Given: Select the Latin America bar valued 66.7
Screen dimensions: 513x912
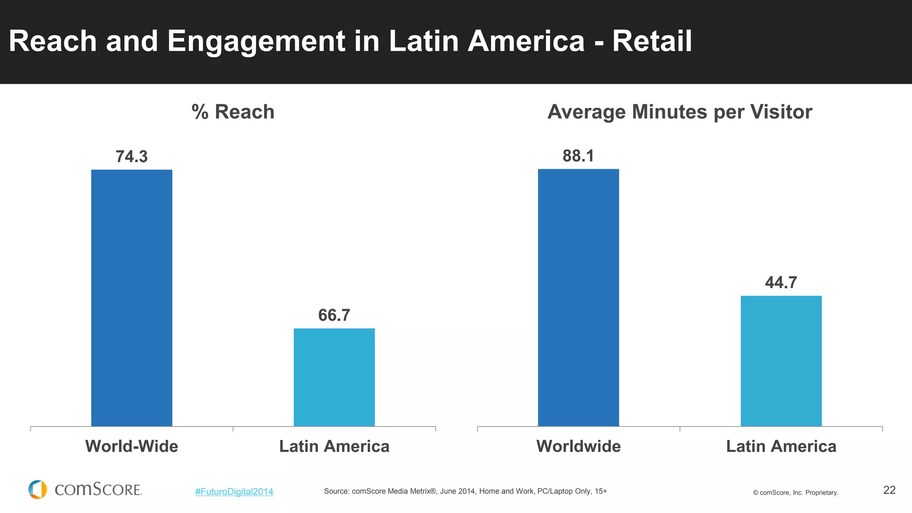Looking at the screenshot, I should click(334, 377).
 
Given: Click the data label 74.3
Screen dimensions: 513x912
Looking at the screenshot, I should click(131, 157).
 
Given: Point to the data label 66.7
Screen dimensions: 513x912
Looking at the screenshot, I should click(334, 315).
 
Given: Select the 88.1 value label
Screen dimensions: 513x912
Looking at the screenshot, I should click(578, 156).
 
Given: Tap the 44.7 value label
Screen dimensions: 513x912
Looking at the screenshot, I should click(781, 282).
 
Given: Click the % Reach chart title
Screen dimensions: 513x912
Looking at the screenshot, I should click(233, 112).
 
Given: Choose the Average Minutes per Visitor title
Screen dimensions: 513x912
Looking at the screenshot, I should click(680, 112).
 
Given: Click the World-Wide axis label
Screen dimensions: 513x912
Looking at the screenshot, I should click(131, 446).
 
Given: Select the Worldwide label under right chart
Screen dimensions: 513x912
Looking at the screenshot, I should click(578, 446).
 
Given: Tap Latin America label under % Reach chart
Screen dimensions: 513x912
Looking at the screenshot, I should click(334, 446).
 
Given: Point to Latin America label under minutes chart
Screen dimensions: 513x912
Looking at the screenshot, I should click(781, 446).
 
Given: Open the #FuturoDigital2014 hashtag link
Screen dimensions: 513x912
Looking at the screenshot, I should click(234, 492).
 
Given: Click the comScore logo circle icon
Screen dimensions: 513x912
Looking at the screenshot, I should click(38, 489).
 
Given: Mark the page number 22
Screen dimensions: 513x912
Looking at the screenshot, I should click(889, 490).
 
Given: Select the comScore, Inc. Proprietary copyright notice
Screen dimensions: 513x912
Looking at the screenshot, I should click(795, 493).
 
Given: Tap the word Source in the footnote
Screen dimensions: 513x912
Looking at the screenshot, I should click(336, 491).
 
